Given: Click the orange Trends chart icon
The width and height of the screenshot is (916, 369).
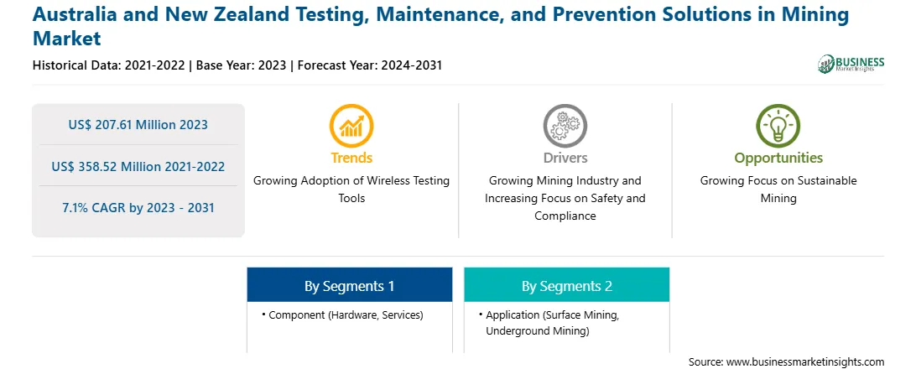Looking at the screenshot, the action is [351, 125].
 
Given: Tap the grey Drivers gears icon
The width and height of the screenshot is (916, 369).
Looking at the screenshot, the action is [565, 125].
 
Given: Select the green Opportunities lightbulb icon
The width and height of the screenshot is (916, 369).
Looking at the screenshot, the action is [778, 125].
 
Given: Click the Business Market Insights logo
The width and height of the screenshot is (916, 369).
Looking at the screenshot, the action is [851, 64].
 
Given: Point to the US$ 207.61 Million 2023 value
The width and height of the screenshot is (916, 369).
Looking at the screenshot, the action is [138, 124].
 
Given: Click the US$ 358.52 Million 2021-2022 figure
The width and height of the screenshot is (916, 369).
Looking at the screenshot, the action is [138, 166].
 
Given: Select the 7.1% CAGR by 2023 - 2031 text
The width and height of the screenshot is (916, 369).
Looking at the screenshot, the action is [138, 208].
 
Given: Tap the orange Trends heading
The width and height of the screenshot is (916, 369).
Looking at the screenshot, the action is [351, 158].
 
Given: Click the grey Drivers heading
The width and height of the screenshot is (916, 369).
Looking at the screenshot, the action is [565, 158].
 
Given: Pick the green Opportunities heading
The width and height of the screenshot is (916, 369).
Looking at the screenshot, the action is [778, 159].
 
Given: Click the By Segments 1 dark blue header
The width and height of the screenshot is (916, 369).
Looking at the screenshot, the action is [349, 285].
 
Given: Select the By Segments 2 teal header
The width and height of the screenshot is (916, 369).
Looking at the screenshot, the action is [567, 285].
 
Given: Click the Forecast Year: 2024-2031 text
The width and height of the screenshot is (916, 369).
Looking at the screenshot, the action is [370, 65].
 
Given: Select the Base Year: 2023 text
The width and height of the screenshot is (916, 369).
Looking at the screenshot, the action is [242, 65].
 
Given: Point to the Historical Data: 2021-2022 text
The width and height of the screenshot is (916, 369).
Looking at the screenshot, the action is [109, 65].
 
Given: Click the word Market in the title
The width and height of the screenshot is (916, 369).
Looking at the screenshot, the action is [66, 39].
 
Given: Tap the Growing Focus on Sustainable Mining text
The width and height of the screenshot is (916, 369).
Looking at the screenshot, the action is [778, 190].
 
